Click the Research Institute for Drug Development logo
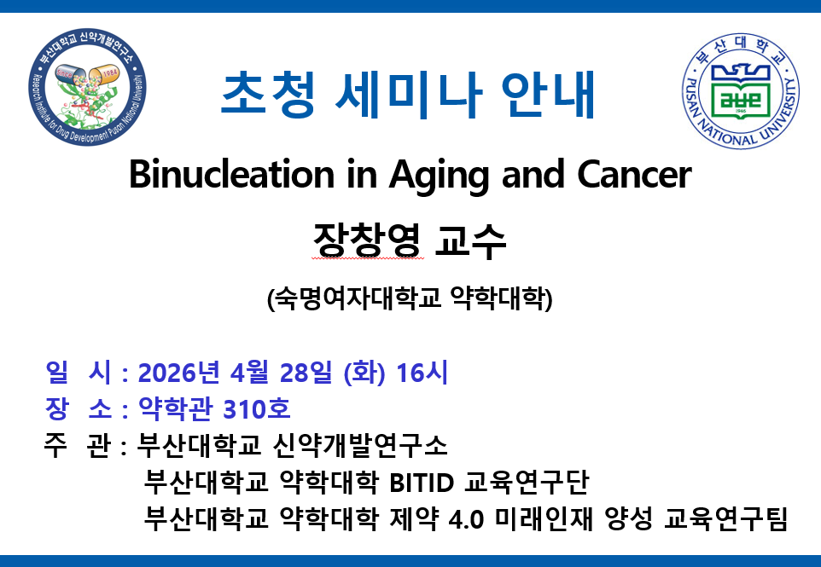[87, 87]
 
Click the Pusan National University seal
[741, 91]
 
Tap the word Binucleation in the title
[231, 174]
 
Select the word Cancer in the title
[634, 175]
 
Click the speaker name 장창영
[367, 240]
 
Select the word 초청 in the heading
[269, 94]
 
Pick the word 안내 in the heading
[548, 94]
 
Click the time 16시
[422, 373]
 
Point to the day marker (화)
[364, 373]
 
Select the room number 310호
[257, 409]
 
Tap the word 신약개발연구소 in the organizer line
[360, 446]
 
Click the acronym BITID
[422, 483]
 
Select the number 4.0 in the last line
[466, 520]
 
